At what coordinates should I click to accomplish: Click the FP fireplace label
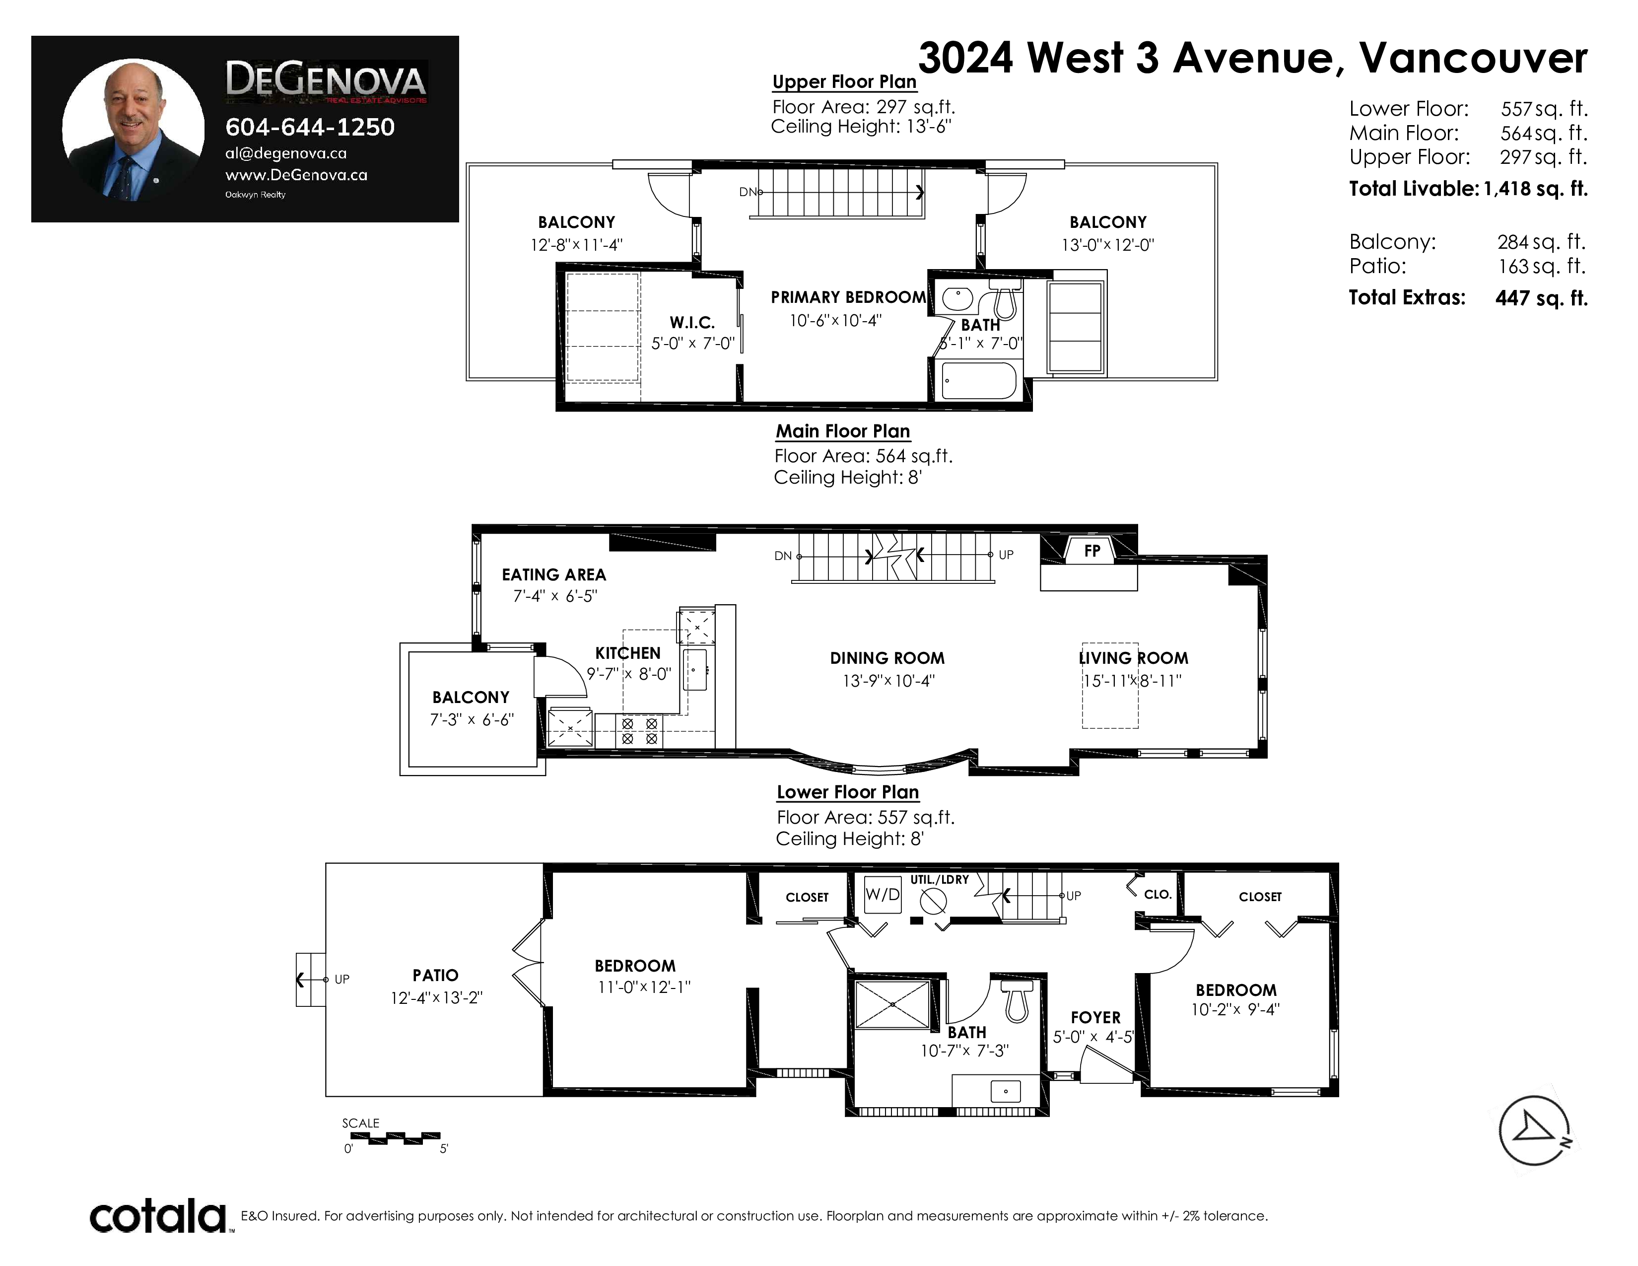pyautogui.click(x=1092, y=551)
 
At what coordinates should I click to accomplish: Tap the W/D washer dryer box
pyautogui.click(x=883, y=895)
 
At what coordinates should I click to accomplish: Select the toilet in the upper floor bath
pyautogui.click(x=1005, y=299)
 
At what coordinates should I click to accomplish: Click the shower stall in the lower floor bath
pyautogui.click(x=892, y=1003)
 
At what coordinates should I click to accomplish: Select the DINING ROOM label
pyautogui.click(x=887, y=658)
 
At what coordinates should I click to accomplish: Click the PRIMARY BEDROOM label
pyautogui.click(x=848, y=297)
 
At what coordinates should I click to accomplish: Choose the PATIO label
pyautogui.click(x=435, y=975)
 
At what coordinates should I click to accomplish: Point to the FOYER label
pyautogui.click(x=1096, y=1018)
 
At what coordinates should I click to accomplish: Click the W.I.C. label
pyautogui.click(x=691, y=323)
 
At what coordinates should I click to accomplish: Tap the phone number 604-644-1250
pyautogui.click(x=310, y=128)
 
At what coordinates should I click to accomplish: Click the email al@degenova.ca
pyautogui.click(x=286, y=153)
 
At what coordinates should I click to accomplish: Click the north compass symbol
pyautogui.click(x=1534, y=1130)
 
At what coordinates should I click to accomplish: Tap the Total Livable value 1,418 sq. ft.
pyautogui.click(x=1535, y=189)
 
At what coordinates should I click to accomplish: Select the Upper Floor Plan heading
pyautogui.click(x=844, y=82)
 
